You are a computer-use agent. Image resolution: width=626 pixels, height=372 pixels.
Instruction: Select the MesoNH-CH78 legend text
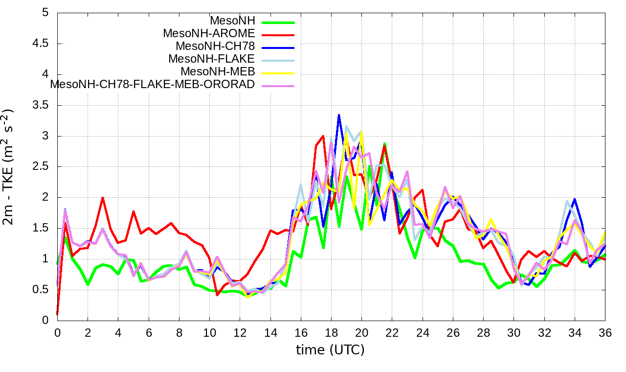pyautogui.click(x=215, y=46)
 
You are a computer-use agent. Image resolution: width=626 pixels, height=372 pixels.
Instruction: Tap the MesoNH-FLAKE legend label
pyautogui.click(x=212, y=59)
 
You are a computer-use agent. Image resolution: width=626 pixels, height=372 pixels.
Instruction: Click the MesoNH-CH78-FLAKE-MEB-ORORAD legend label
pyautogui.click(x=153, y=84)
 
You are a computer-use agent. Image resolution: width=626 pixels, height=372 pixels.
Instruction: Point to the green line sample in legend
pyautogui.click(x=278, y=22)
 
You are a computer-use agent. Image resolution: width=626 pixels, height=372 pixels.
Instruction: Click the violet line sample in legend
pyautogui.click(x=278, y=86)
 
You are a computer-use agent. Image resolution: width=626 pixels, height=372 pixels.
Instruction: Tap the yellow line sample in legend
pyautogui.click(x=278, y=73)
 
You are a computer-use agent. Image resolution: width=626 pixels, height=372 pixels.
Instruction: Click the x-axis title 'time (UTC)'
pyautogui.click(x=331, y=350)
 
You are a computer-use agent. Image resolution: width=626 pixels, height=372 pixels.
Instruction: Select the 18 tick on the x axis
pyautogui.click(x=331, y=332)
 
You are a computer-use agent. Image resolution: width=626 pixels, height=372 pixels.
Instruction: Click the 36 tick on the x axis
pyautogui.click(x=605, y=332)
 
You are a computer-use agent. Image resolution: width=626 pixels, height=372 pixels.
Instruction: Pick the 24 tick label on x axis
pyautogui.click(x=423, y=332)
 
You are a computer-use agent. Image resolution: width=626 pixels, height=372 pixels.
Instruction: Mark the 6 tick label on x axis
pyautogui.click(x=149, y=332)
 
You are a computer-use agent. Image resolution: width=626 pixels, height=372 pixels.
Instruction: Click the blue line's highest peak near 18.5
pyautogui.click(x=339, y=115)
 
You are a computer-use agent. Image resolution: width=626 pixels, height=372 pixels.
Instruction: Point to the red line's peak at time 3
pyautogui.click(x=103, y=197)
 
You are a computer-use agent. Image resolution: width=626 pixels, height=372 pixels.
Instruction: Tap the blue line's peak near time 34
pyautogui.click(x=575, y=199)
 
